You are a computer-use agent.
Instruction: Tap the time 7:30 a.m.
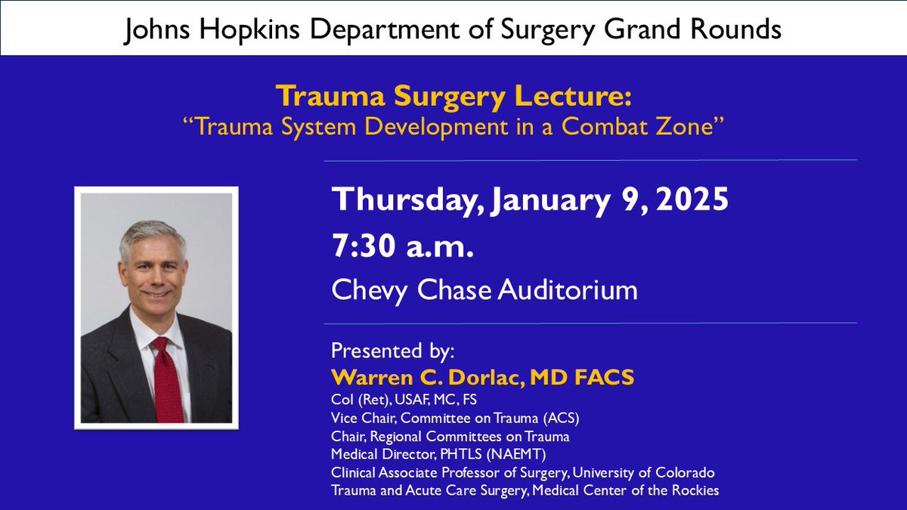(x=403, y=247)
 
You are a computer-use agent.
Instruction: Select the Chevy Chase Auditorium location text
(x=484, y=289)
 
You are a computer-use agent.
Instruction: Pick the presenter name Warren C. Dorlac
(x=428, y=378)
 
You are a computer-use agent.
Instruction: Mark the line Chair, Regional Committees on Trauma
(x=450, y=437)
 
